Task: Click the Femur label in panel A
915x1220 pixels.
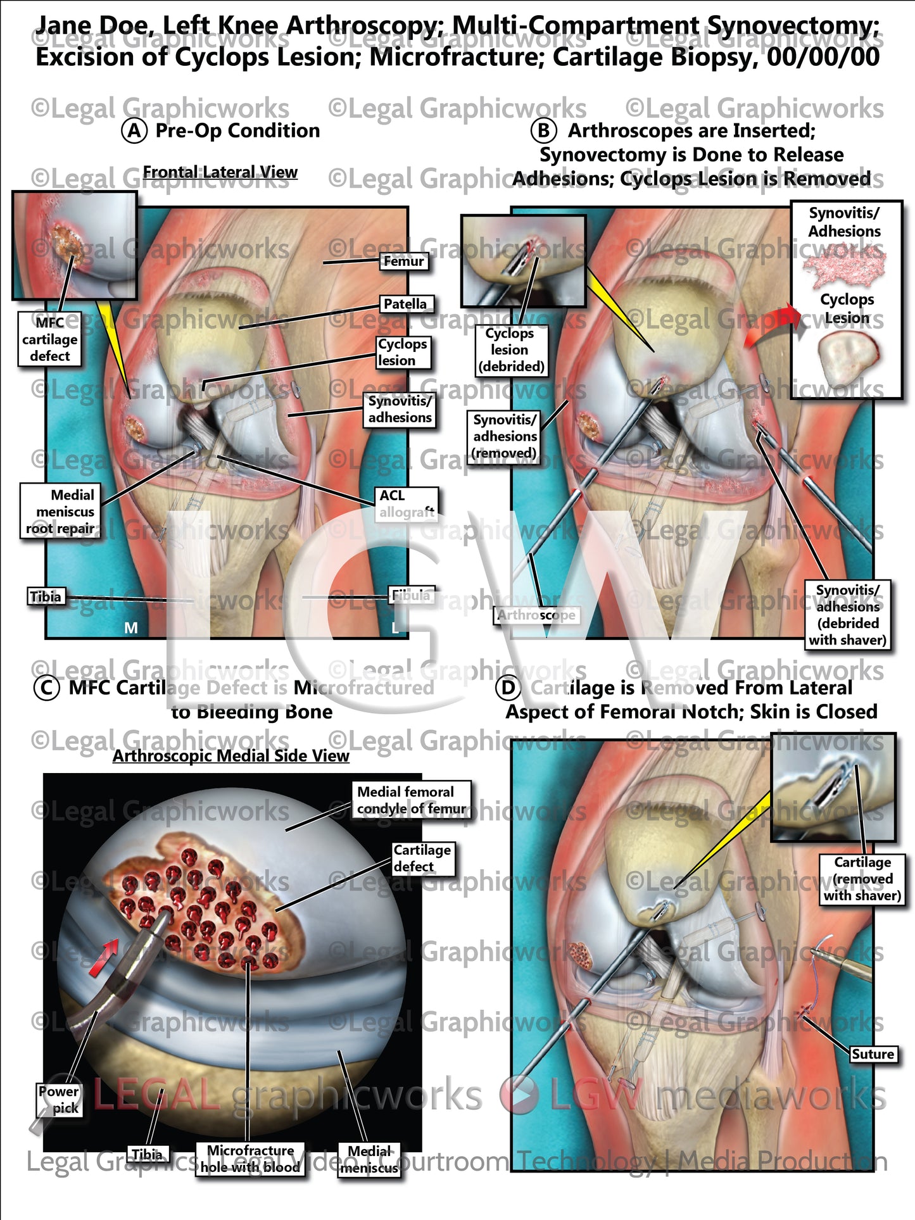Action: (403, 261)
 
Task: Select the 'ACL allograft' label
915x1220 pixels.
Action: (407, 503)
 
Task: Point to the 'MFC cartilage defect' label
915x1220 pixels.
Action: (49, 339)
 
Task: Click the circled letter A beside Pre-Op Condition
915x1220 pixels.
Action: (134, 131)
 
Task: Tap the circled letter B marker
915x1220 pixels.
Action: (543, 131)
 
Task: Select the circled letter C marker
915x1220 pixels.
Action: (46, 688)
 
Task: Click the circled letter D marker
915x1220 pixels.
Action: (508, 688)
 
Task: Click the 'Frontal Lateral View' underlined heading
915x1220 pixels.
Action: (220, 172)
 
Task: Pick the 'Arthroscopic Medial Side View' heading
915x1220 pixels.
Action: (230, 756)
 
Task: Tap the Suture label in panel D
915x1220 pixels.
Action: (873, 1054)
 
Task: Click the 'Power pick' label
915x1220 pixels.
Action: (60, 1100)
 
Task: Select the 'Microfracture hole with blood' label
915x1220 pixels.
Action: (250, 1159)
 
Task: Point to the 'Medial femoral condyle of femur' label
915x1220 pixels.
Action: (412, 800)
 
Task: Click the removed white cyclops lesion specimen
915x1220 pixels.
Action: (847, 358)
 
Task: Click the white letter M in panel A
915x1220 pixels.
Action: (130, 627)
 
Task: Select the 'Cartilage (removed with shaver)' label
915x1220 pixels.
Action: (862, 879)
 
